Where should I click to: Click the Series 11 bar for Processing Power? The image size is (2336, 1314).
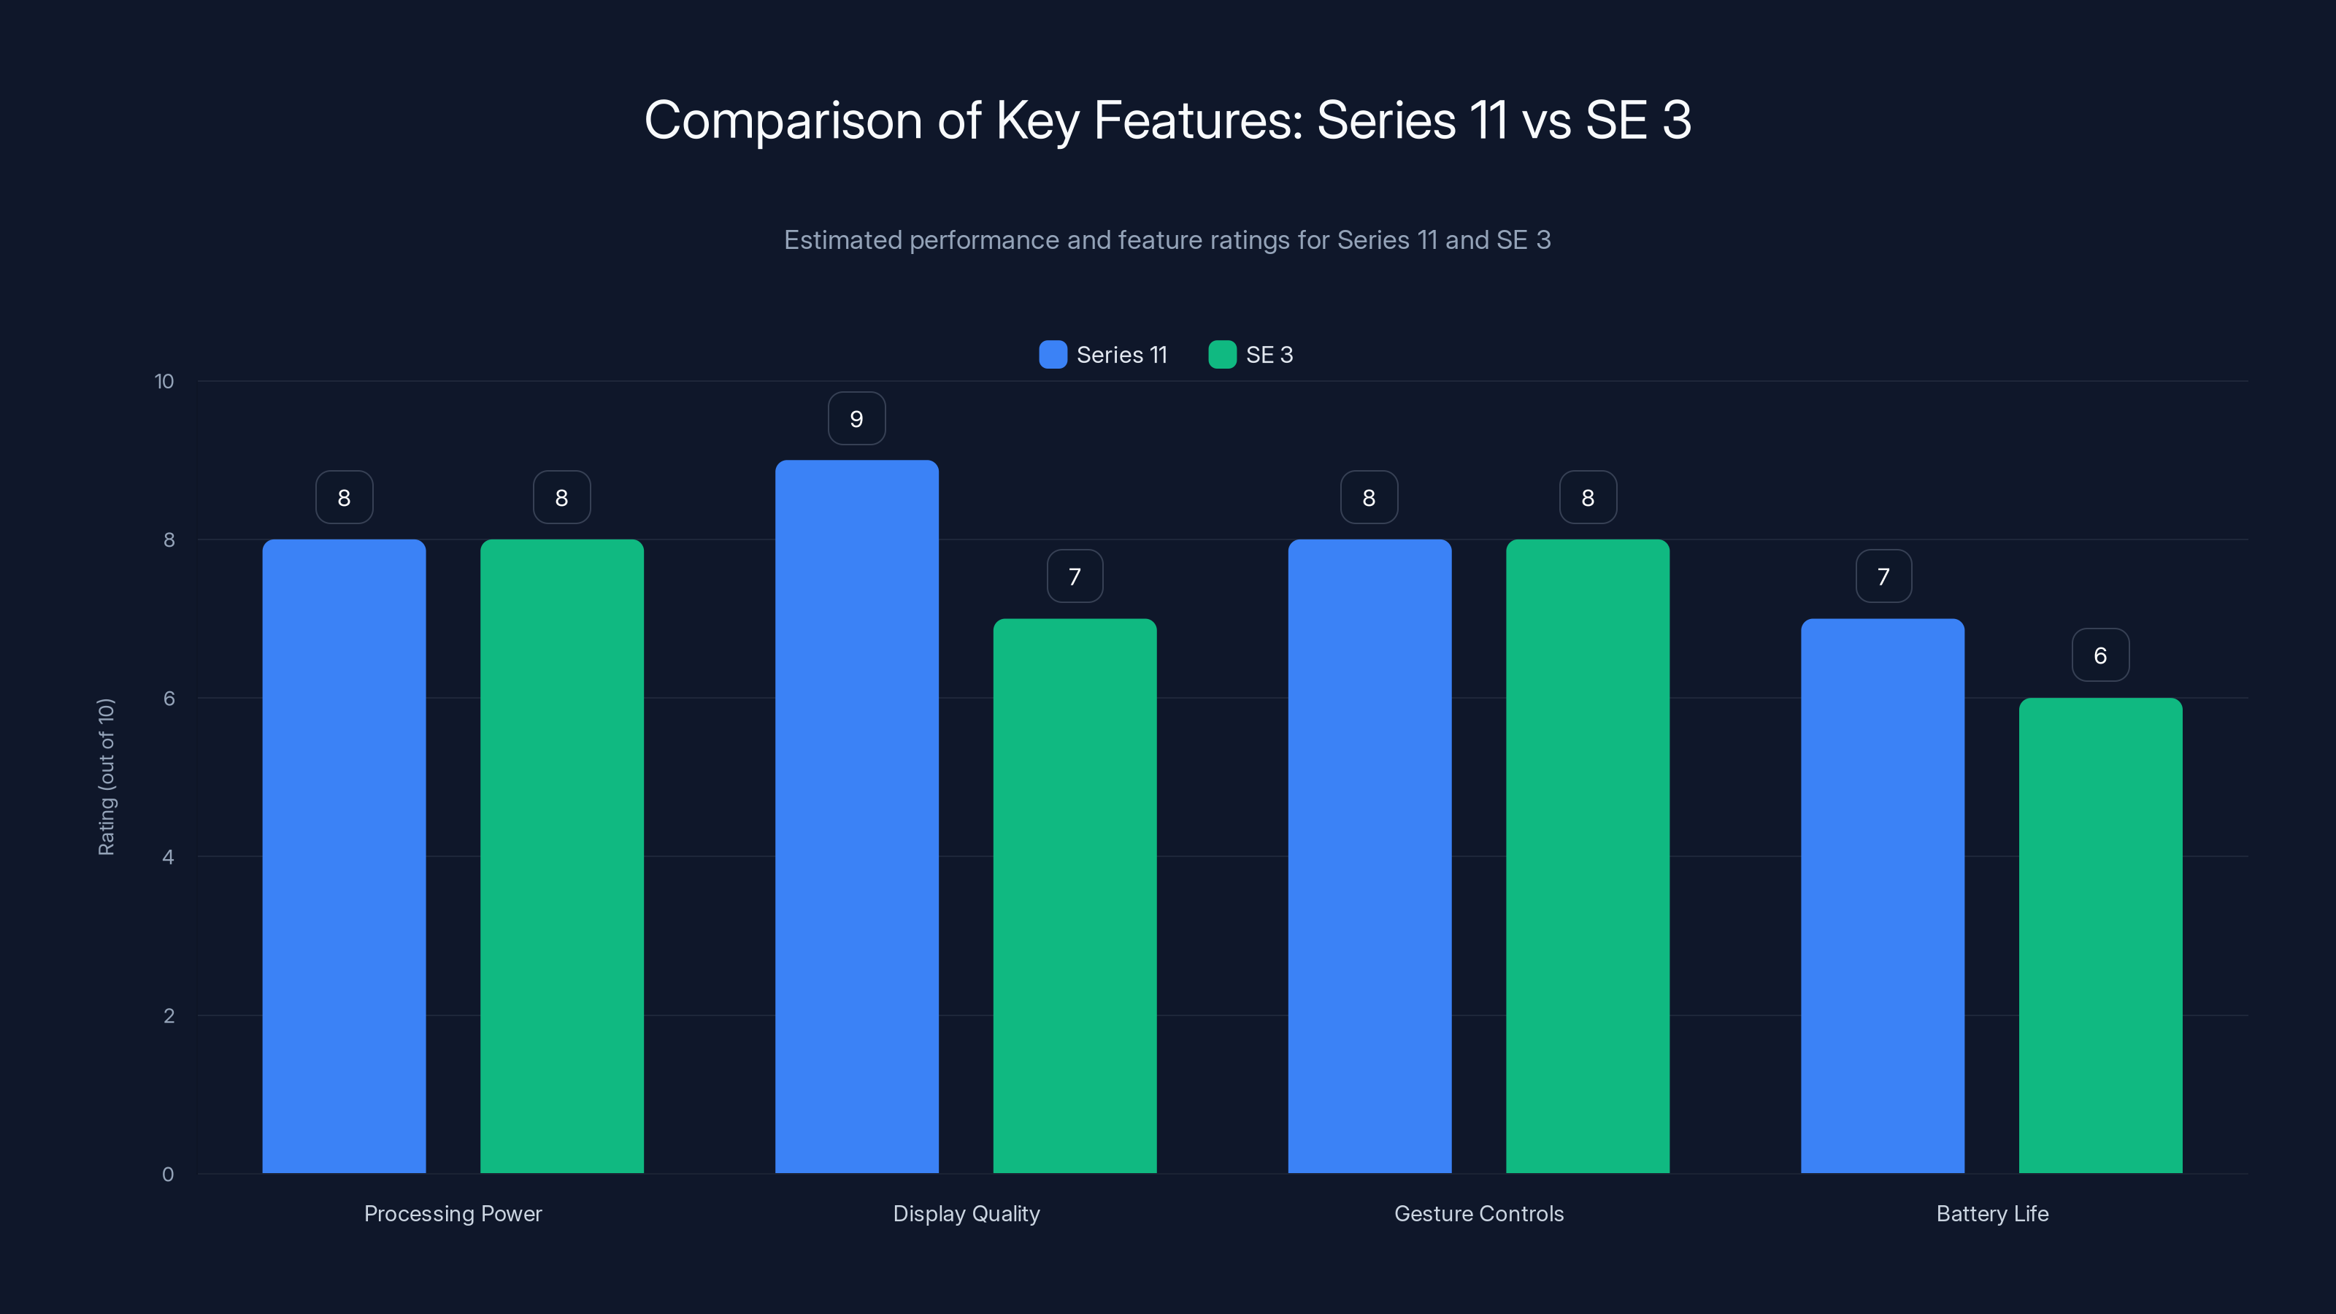(344, 856)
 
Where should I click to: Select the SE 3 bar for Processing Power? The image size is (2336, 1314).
(561, 856)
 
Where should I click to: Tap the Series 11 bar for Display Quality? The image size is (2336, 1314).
(856, 816)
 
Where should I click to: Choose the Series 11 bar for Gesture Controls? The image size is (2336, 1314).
(1369, 856)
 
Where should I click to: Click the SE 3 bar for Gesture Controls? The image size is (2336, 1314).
(1587, 856)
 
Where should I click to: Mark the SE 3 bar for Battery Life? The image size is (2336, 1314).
(2100, 935)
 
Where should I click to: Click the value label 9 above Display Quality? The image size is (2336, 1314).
(856, 419)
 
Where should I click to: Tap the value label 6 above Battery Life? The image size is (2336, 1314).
(2100, 656)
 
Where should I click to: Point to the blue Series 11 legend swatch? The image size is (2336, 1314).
(1053, 355)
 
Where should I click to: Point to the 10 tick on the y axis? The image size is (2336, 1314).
(164, 382)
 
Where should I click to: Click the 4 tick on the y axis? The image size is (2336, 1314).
(168, 857)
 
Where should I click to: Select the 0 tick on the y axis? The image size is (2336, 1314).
(168, 1175)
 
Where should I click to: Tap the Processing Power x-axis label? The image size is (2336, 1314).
(453, 1213)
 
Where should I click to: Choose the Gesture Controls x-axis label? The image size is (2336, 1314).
(1478, 1213)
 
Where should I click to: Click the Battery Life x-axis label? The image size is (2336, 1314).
(1991, 1213)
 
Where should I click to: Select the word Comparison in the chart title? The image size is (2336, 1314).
(783, 120)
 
